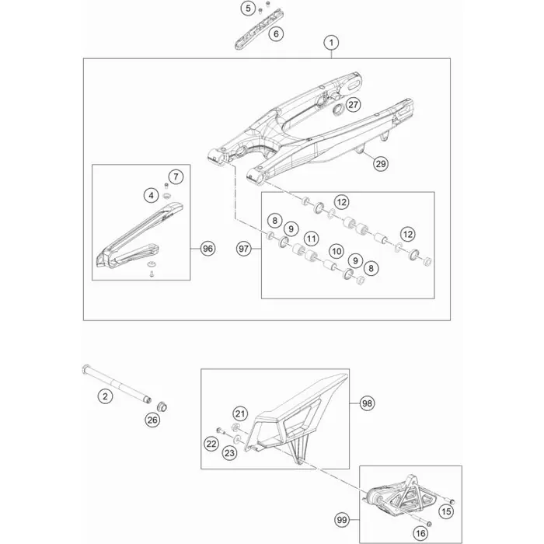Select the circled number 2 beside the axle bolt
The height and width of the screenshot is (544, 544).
pos(105,397)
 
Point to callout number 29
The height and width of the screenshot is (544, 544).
pos(381,163)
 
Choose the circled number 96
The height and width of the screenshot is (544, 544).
pos(207,249)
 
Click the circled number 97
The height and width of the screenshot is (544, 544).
pos(244,249)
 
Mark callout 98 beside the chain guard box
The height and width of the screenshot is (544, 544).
pos(368,403)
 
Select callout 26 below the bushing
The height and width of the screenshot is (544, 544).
pos(152,421)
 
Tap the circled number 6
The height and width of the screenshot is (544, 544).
pos(275,33)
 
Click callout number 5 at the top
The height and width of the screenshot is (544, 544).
pos(248,9)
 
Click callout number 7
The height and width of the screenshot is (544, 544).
pos(176,177)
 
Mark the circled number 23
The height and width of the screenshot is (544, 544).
pos(229,453)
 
